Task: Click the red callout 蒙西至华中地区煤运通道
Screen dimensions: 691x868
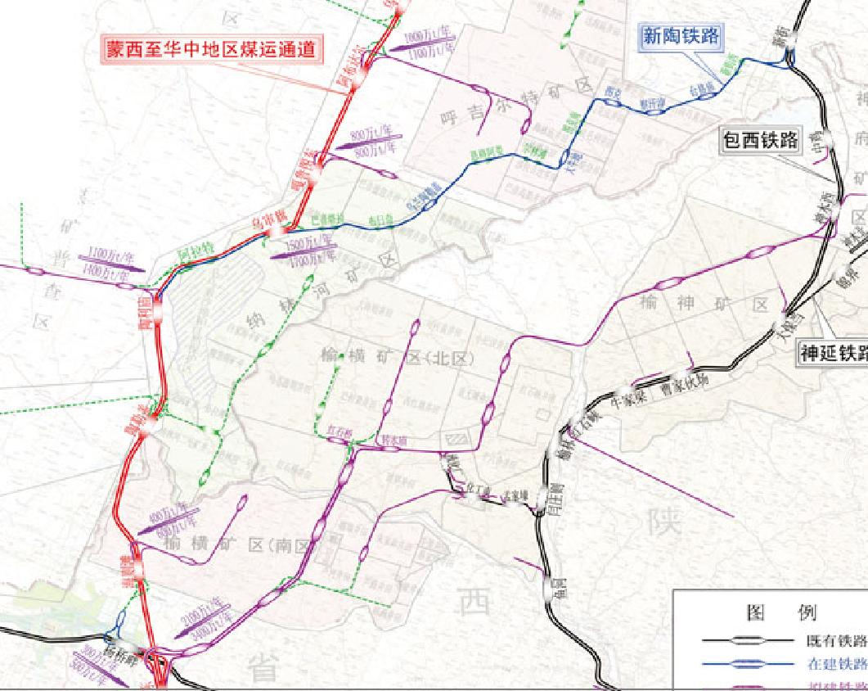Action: pos(211,48)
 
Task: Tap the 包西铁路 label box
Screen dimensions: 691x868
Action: pos(760,140)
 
